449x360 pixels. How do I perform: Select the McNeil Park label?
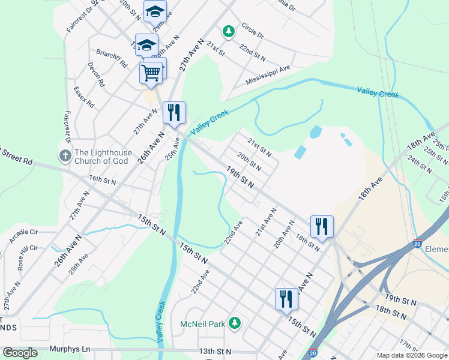point(202,324)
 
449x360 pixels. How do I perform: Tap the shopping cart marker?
point(151,73)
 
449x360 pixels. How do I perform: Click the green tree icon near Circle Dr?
point(228,31)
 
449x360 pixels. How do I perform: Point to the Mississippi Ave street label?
point(268,76)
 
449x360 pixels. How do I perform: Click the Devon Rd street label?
point(96,74)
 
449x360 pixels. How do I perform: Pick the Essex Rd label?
point(84,96)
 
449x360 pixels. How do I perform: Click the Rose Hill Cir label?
point(26,255)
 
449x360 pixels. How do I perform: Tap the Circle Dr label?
point(252,31)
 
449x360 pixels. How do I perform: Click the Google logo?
point(20,353)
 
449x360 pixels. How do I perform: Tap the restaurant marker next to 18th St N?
point(322,227)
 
